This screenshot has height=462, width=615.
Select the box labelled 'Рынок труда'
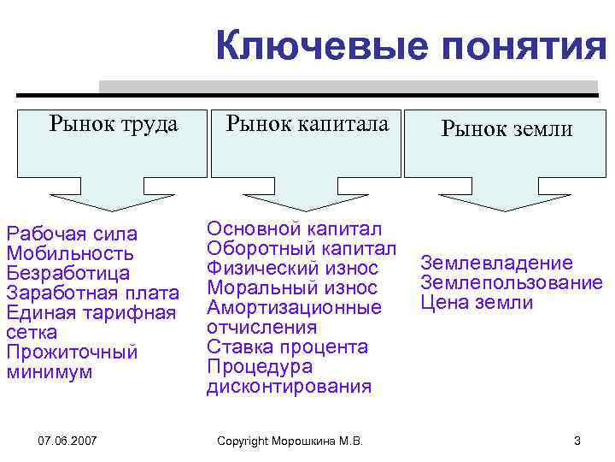click(x=114, y=125)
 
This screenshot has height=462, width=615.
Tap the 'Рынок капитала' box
click(x=307, y=125)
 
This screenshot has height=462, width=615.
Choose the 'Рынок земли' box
click(x=507, y=129)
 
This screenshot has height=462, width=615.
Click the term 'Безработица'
click(x=67, y=274)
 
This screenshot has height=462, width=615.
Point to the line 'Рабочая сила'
click(x=72, y=234)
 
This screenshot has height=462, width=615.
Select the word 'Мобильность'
click(x=69, y=253)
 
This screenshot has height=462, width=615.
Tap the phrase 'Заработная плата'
click(x=91, y=293)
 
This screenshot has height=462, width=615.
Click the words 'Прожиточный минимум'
click(x=72, y=363)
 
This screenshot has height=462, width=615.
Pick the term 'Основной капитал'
click(x=295, y=228)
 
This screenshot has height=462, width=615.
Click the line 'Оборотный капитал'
click(x=302, y=248)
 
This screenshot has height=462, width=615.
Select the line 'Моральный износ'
click(x=291, y=287)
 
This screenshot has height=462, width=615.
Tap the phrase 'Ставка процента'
click(x=288, y=346)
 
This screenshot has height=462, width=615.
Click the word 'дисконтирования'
click(x=289, y=387)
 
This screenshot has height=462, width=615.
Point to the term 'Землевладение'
click(x=496, y=264)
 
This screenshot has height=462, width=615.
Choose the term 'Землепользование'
click(x=511, y=283)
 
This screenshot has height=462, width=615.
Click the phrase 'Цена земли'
click(x=477, y=303)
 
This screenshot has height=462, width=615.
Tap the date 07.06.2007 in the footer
click(x=67, y=441)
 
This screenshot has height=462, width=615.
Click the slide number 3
click(x=577, y=441)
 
